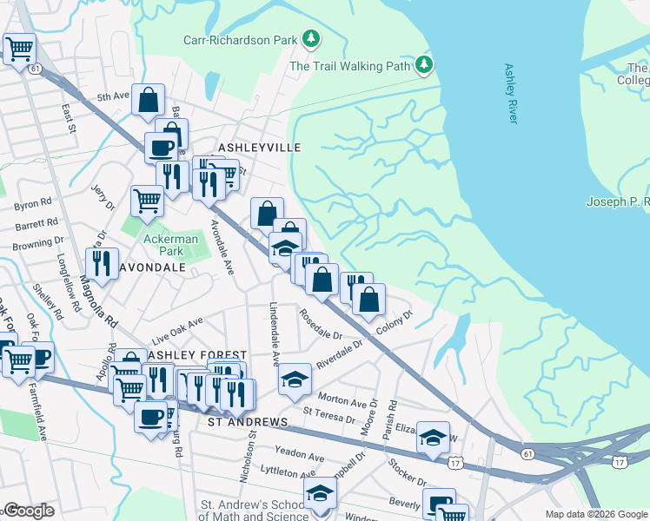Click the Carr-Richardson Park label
click(x=239, y=39)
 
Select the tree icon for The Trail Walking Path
click(x=424, y=64)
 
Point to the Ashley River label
click(x=511, y=93)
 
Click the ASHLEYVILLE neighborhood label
click(x=260, y=148)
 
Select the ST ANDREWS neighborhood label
click(x=246, y=422)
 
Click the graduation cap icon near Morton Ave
click(x=295, y=378)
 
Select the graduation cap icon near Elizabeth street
click(x=432, y=438)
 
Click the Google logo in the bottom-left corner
click(x=29, y=511)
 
